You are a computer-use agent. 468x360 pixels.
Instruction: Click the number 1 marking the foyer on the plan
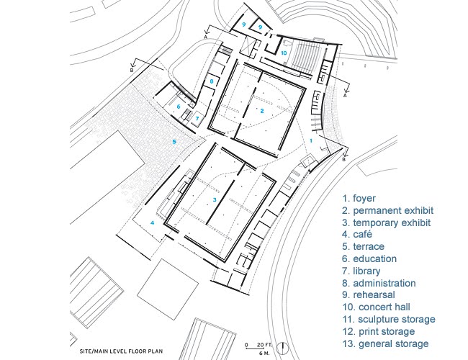pos(311,140)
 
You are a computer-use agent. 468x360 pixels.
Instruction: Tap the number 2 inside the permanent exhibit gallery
pos(262,111)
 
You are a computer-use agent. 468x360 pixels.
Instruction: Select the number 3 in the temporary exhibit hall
pos(215,199)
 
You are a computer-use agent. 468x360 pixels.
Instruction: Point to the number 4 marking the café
pos(152,222)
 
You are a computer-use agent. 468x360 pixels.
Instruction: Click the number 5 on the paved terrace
pos(174,142)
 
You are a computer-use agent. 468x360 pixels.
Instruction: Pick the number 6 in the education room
pos(179,107)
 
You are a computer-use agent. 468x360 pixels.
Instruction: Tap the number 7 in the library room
pos(197,119)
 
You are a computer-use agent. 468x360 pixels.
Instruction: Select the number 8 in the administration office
pos(212,81)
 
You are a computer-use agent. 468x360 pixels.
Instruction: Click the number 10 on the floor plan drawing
pos(284,53)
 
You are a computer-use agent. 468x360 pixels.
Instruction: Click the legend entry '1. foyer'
pos(359,198)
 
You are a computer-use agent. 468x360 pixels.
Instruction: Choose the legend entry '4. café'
pos(357,234)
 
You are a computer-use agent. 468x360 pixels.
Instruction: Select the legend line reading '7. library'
pos(361,271)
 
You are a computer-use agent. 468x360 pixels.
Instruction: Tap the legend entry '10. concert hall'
pos(377,307)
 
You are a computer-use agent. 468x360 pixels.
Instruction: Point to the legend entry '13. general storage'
pos(386,344)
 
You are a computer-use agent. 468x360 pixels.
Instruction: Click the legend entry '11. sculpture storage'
pos(389,320)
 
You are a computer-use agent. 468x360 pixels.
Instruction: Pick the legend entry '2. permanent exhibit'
pos(387,211)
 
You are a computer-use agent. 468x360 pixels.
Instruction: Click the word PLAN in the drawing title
pos(157,351)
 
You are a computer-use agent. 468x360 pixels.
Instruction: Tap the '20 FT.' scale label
pos(264,345)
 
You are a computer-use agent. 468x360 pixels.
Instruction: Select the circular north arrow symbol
pos(282,348)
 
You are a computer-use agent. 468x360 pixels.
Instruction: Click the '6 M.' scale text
pos(264,354)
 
